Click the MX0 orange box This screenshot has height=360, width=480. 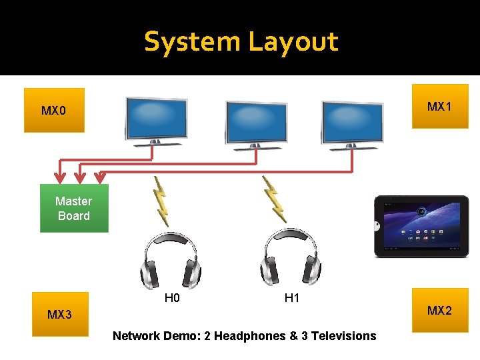(x=54, y=110)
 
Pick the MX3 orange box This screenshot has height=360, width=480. (x=59, y=314)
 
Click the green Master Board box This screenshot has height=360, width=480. (x=74, y=208)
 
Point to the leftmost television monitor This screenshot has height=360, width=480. (x=155, y=121)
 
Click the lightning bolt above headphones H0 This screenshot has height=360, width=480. (x=160, y=200)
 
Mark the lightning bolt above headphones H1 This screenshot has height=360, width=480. (x=274, y=199)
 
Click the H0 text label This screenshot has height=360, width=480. (x=172, y=298)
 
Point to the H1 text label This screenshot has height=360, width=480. (x=292, y=298)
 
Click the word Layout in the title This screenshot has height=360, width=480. (x=293, y=42)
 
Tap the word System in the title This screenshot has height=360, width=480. (x=193, y=42)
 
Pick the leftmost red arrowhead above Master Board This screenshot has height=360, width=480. (x=60, y=177)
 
